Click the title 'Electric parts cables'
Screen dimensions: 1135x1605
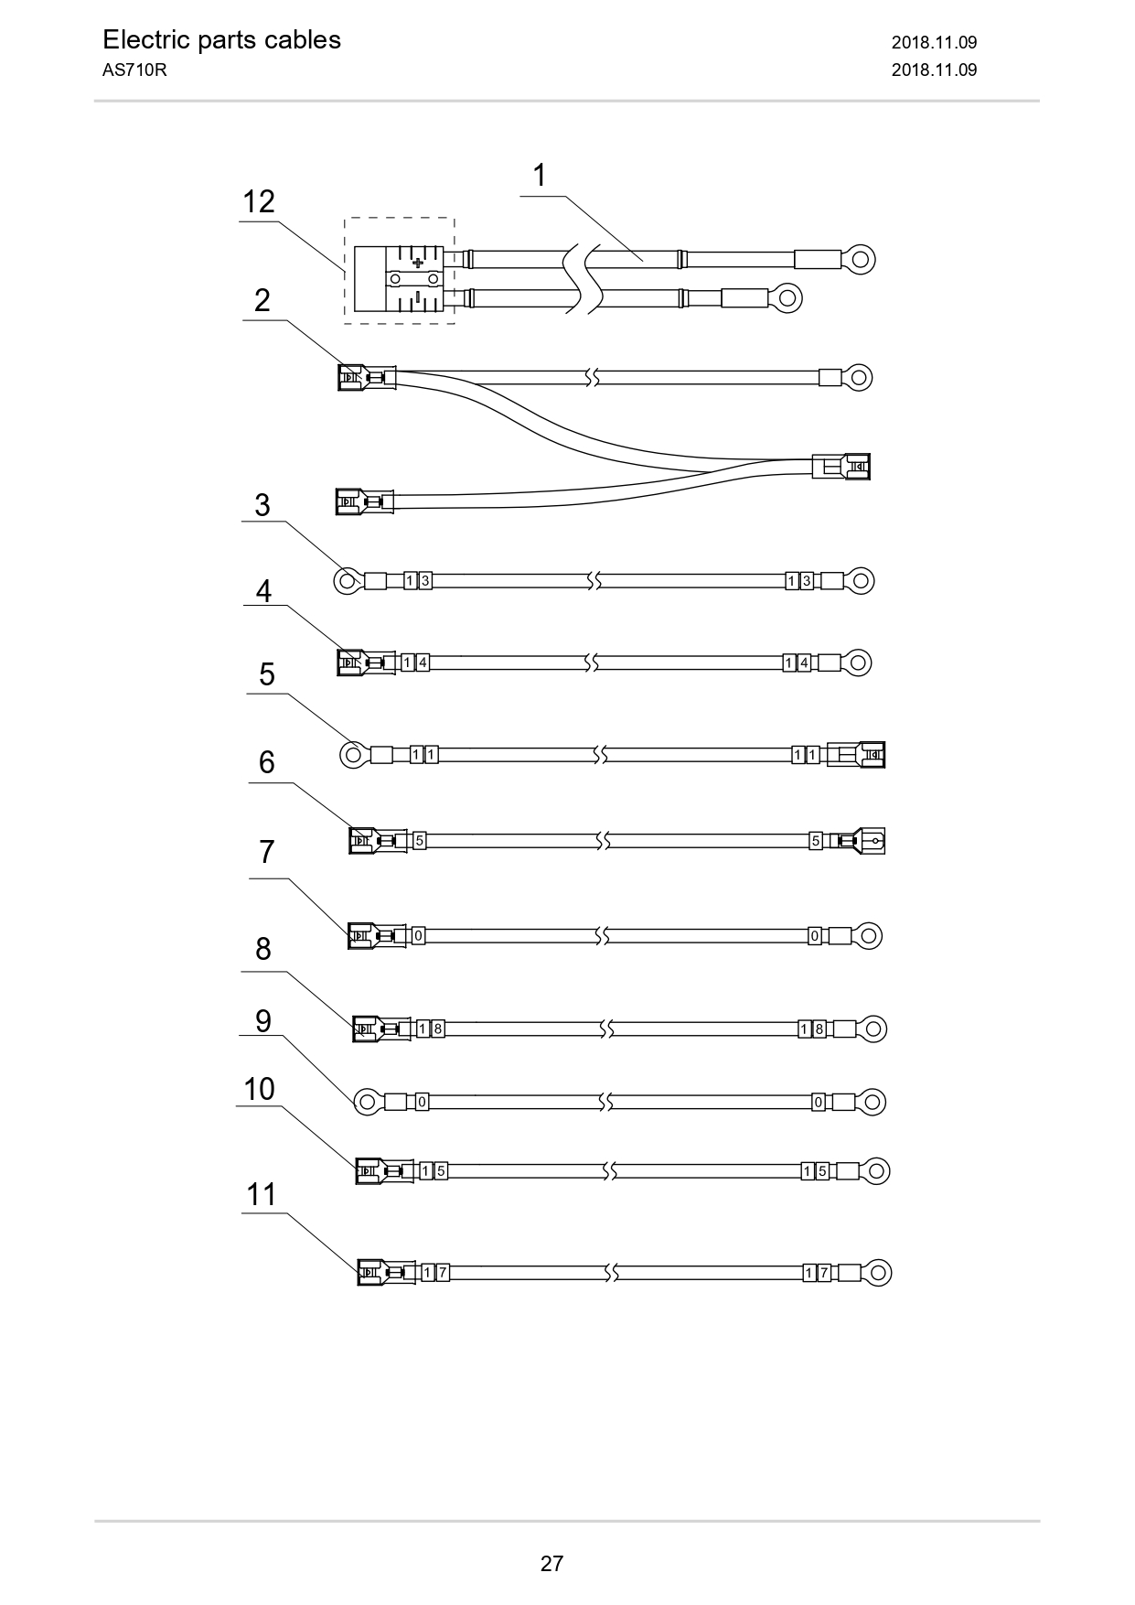221,40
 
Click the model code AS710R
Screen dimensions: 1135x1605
134,70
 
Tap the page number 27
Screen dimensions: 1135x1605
551,1563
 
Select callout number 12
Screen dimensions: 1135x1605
259,201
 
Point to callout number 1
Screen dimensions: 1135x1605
540,175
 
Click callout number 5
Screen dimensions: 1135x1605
267,674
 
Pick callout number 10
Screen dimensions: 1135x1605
259,1089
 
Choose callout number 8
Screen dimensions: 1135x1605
263,949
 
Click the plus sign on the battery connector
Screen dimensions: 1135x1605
418,263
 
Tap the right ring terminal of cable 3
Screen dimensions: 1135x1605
860,580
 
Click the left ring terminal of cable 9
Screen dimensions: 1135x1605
368,1102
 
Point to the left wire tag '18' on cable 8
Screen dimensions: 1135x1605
431,1029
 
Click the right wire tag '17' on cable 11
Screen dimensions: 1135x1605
817,1272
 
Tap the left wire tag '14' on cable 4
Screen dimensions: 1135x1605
415,662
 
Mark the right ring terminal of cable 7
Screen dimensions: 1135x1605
868,936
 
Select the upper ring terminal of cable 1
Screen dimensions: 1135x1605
859,259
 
